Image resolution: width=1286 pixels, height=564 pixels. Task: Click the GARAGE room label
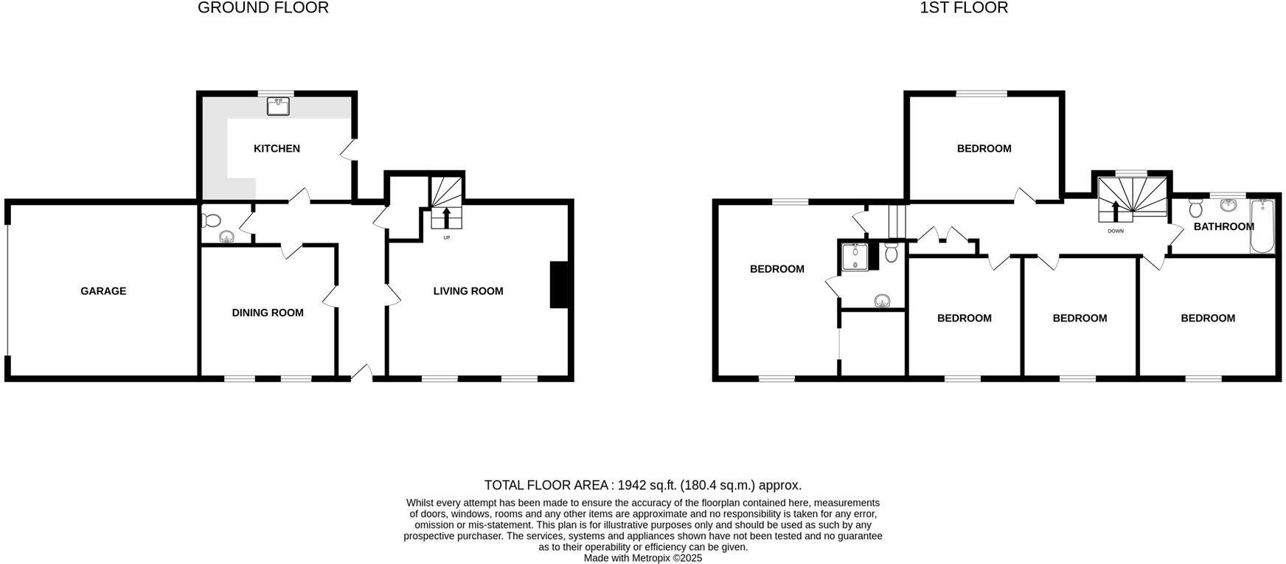click(x=103, y=291)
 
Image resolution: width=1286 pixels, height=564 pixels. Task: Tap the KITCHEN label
click(x=277, y=149)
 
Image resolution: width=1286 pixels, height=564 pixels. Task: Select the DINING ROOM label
click(x=268, y=313)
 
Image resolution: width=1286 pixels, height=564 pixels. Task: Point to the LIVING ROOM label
click(x=468, y=291)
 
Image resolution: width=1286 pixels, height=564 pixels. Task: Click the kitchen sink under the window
click(x=278, y=107)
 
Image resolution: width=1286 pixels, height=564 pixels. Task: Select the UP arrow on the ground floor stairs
click(x=446, y=217)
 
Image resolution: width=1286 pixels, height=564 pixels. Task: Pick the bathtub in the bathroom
click(x=1262, y=226)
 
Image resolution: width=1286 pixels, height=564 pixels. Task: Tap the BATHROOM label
click(x=1223, y=226)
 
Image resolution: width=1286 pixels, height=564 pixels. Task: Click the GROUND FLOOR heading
click(x=263, y=8)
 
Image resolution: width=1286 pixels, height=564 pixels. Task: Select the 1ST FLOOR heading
click(x=964, y=8)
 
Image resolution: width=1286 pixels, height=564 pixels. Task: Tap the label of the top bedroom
click(x=984, y=149)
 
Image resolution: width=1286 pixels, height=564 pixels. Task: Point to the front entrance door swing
click(x=361, y=372)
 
